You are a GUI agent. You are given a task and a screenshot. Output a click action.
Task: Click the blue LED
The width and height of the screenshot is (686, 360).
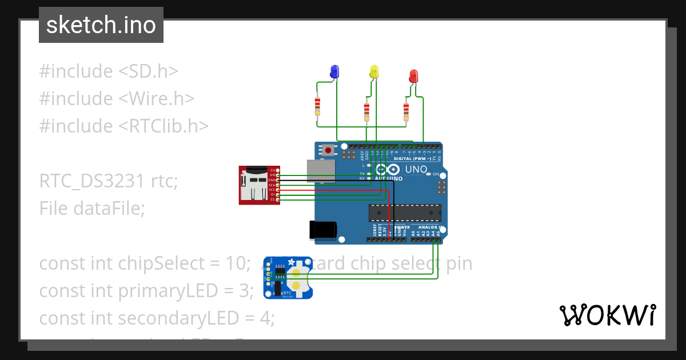pyautogui.click(x=334, y=71)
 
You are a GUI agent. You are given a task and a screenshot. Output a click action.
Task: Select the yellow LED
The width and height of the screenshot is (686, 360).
pyautogui.click(x=374, y=71)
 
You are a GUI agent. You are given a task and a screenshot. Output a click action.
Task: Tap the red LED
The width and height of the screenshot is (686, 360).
pyautogui.click(x=413, y=75)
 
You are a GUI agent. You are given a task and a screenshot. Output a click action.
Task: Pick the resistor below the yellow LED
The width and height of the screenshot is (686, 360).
pyautogui.click(x=366, y=110)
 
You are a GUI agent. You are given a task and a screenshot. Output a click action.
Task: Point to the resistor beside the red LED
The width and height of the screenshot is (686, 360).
pyautogui.click(x=406, y=110)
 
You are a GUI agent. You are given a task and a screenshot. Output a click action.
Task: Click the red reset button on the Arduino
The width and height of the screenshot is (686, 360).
pyautogui.click(x=328, y=151)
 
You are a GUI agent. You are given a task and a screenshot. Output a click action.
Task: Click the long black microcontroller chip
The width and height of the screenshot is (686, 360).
pyautogui.click(x=405, y=212)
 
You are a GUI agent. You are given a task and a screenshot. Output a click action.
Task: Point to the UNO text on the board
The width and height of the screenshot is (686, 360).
pyautogui.click(x=416, y=169)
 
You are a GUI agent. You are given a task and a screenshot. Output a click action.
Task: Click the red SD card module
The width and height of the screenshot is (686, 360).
pyautogui.click(x=259, y=185)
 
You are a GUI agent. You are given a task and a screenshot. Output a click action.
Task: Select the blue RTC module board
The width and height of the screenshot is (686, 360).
pyautogui.click(x=288, y=278)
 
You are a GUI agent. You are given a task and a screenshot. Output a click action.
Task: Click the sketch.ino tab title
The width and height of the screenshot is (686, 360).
pyautogui.click(x=101, y=25)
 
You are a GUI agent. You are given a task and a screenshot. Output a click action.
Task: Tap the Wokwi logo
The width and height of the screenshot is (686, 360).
pyautogui.click(x=607, y=315)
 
